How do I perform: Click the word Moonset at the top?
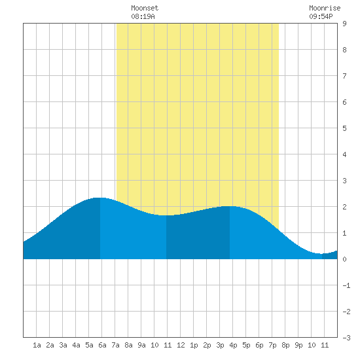click(x=145, y=8)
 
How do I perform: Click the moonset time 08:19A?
click(x=143, y=16)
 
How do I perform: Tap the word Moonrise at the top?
click(x=325, y=8)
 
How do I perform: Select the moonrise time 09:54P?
click(x=321, y=16)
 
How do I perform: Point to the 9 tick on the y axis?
click(x=344, y=24)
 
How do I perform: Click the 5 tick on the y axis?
click(x=344, y=128)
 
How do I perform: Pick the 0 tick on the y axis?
click(x=344, y=259)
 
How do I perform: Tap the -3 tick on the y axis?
click(x=346, y=338)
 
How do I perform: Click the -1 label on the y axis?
click(x=346, y=285)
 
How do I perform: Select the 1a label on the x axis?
click(x=37, y=345)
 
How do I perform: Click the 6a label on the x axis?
click(x=102, y=345)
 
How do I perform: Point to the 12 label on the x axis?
click(x=181, y=345)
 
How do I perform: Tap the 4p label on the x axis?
click(x=233, y=345)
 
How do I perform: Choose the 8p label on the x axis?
click(x=285, y=345)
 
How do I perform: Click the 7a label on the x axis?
click(x=115, y=345)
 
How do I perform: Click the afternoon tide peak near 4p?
click(x=230, y=206)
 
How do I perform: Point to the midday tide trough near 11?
click(x=166, y=215)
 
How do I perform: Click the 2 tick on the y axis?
click(x=344, y=207)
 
